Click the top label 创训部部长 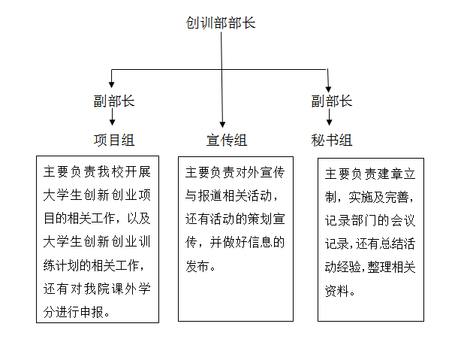221,23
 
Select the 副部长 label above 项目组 114,101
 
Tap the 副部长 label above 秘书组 332,101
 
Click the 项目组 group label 114,140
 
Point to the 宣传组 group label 227,140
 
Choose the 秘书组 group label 332,140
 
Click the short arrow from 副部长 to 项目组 113,116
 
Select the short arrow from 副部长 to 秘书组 329,116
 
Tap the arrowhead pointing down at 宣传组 222,125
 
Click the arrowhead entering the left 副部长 111,84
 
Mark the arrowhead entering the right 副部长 328,89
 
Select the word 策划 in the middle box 254,219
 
